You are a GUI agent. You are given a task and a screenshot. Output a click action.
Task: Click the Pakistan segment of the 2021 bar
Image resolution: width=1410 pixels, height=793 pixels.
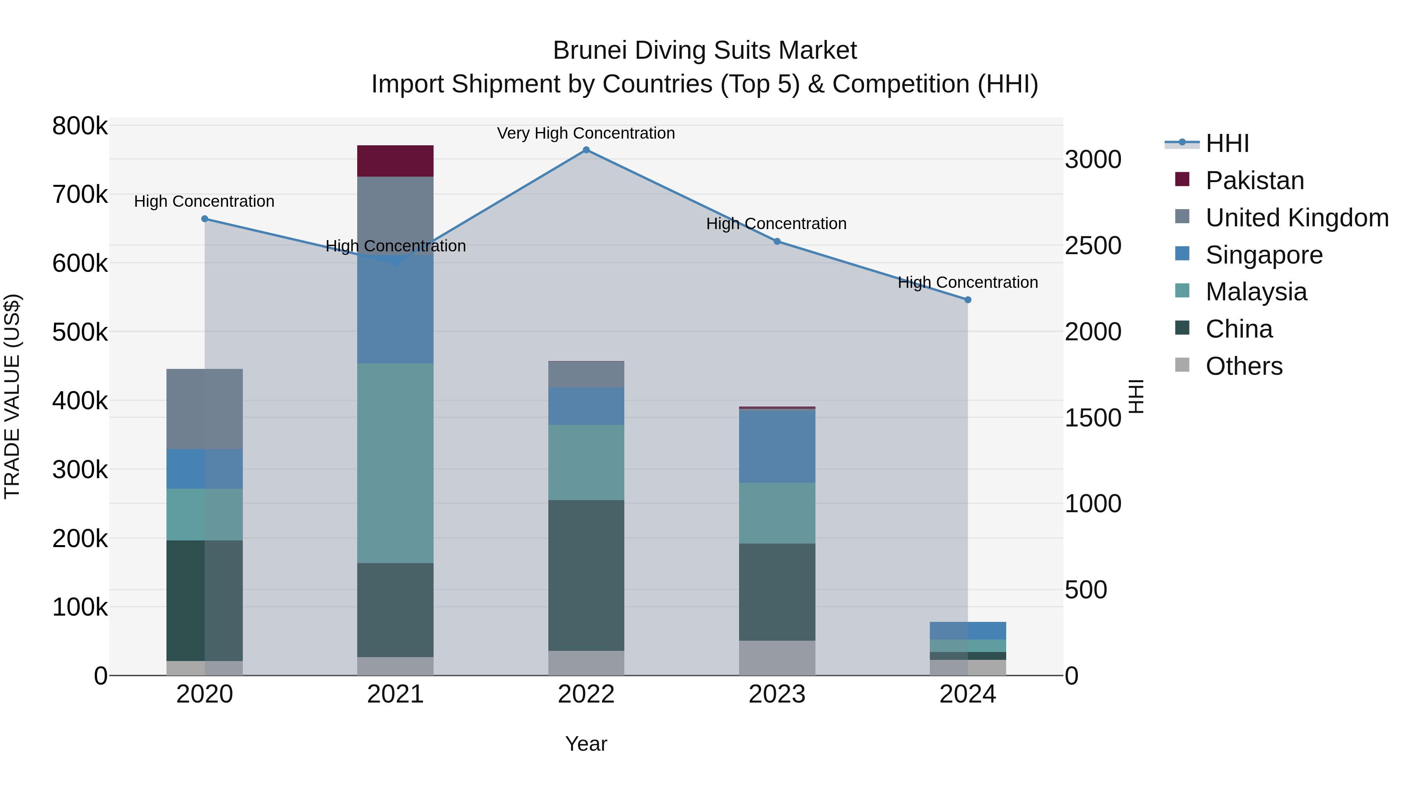coord(395,161)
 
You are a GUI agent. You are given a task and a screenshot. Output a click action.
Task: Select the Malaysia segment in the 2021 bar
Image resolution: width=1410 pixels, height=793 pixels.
coord(395,463)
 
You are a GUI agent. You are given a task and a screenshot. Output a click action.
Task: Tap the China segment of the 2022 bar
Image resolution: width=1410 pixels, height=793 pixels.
coord(586,575)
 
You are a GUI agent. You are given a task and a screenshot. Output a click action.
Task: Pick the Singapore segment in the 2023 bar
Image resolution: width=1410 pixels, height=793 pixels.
coord(777,446)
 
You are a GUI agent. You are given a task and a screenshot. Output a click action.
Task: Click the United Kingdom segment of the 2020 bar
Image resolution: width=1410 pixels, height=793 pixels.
coord(205,409)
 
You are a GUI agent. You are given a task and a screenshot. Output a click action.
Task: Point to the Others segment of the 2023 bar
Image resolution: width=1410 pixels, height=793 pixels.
coord(777,658)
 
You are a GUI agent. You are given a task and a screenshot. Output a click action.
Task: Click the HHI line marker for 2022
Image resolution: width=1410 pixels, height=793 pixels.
coord(586,150)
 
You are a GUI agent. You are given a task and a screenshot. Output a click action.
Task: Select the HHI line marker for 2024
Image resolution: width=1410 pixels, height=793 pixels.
coord(968,300)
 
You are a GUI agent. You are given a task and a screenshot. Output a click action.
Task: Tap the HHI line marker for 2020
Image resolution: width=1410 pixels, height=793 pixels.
coord(205,219)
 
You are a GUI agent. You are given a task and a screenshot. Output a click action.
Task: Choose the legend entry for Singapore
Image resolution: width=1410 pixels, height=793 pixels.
coord(1264,255)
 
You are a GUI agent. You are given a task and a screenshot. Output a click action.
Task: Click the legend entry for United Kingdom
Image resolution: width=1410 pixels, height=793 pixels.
coord(1297,218)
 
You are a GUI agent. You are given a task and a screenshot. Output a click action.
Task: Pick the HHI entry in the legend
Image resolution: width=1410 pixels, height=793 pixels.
coord(1227,143)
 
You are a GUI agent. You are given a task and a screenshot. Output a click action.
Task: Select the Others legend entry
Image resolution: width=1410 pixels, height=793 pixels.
coord(1244,366)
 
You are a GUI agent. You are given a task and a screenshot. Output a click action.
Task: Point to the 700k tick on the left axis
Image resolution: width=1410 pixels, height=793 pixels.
coord(80,194)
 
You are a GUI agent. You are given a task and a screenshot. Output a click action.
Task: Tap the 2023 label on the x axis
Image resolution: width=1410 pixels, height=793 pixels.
coord(777,694)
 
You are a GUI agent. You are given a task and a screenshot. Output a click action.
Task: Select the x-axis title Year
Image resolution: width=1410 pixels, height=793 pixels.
coord(586,744)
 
